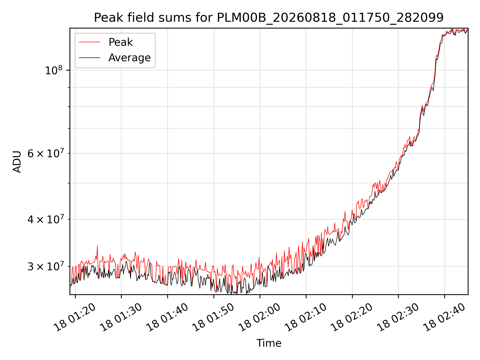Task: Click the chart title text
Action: click(269, 18)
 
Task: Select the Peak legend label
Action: click(120, 42)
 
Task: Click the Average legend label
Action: click(129, 58)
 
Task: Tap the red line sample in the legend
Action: click(90, 42)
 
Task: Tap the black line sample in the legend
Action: click(90, 58)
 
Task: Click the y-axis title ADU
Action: click(17, 161)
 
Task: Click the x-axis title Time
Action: click(269, 343)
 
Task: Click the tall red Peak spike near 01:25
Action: click(97, 246)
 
